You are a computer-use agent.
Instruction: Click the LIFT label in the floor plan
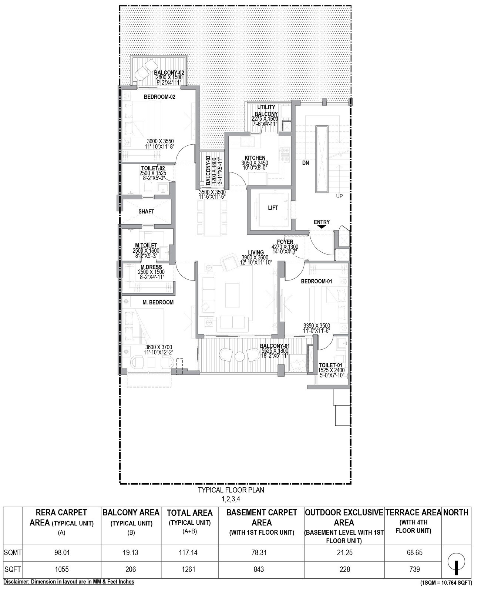pyautogui.click(x=273, y=208)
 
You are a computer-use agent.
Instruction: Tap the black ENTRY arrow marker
pyautogui.click(x=322, y=227)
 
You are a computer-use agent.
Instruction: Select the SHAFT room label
pyautogui.click(x=146, y=212)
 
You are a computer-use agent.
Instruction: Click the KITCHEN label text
pyautogui.click(x=255, y=158)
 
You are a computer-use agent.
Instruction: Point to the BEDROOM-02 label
pyautogui.click(x=159, y=97)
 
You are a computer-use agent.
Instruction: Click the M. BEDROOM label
pyautogui.click(x=158, y=302)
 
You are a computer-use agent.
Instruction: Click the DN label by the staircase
pyautogui.click(x=305, y=163)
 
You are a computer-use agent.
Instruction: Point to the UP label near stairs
pyautogui.click(x=339, y=196)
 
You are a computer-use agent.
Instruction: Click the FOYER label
pyautogui.click(x=285, y=242)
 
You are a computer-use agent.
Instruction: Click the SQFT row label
pyautogui.click(x=13, y=569)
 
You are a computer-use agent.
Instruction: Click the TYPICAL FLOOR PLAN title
pyautogui.click(x=231, y=490)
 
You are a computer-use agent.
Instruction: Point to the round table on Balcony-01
pyautogui.click(x=239, y=356)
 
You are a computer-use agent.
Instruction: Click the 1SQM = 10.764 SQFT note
pyautogui.click(x=446, y=583)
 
